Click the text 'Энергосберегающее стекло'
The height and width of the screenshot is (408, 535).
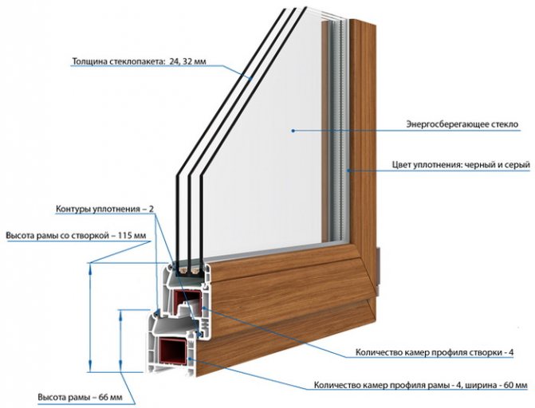point(462,125)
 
